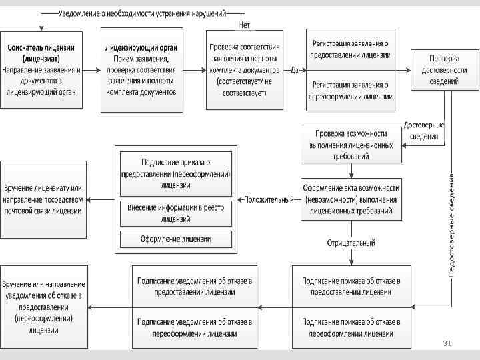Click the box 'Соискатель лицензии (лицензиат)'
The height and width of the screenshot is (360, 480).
click(41, 70)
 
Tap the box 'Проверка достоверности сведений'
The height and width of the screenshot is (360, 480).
click(445, 70)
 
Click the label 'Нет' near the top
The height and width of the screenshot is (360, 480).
click(245, 25)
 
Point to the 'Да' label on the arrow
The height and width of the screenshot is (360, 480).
click(295, 69)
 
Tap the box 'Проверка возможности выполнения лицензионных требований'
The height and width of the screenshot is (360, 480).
click(351, 144)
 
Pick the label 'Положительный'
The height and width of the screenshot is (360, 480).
click(268, 199)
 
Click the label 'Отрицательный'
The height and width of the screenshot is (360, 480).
click(351, 243)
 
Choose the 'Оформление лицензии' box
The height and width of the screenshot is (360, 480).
click(176, 239)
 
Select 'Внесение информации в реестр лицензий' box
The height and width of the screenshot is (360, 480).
click(176, 213)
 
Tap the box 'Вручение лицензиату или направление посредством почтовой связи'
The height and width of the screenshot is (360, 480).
click(43, 199)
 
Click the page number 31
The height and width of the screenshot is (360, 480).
click(447, 343)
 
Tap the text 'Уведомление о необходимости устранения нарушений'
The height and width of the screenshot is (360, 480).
click(142, 13)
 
